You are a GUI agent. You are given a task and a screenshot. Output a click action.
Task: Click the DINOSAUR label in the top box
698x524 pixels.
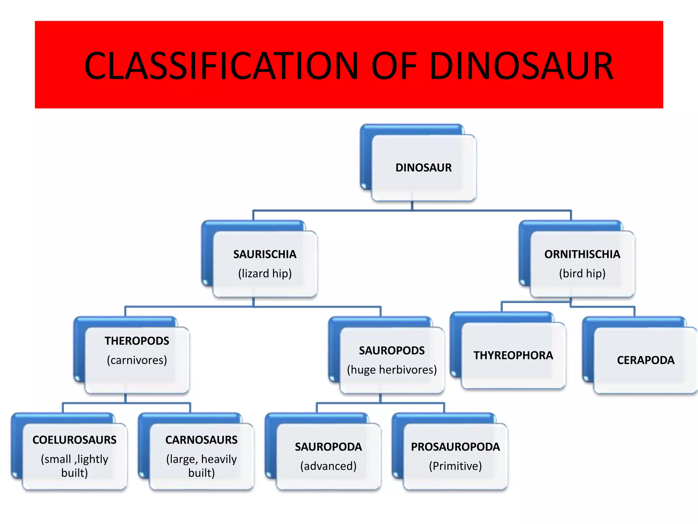click(423, 168)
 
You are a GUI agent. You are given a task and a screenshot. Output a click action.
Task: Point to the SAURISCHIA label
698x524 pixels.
click(265, 254)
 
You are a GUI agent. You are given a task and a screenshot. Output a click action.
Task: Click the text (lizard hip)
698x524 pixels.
click(265, 274)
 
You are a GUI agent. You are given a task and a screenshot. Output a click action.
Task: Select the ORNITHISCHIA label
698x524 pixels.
click(582, 254)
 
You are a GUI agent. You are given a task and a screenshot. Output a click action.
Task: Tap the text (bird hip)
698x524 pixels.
click(582, 274)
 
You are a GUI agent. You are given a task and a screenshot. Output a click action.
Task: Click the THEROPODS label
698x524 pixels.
click(137, 341)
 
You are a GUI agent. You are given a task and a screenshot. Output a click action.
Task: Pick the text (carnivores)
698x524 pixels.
click(137, 360)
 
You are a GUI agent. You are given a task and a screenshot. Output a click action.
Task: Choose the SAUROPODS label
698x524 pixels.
click(392, 350)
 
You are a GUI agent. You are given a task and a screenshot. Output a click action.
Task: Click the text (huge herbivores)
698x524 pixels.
click(392, 370)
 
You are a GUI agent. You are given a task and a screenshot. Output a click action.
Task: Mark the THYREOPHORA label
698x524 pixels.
click(513, 355)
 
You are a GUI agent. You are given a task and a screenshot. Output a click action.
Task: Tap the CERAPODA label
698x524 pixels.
click(646, 360)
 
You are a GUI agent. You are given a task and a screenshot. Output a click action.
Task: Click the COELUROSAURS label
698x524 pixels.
click(74, 440)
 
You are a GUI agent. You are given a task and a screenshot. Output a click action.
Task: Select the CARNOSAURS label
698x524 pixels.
click(201, 440)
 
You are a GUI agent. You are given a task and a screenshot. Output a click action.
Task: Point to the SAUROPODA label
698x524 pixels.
click(328, 447)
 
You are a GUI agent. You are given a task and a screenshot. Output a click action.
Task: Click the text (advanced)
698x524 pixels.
click(328, 466)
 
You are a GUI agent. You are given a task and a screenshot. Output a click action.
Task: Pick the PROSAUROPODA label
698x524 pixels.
click(455, 447)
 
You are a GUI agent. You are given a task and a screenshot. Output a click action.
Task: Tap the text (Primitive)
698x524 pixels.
click(455, 466)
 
